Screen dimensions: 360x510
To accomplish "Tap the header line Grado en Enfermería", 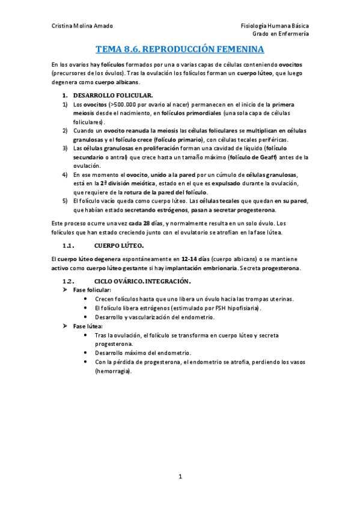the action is coord(285,34).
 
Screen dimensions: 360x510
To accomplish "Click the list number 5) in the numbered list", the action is coord(66,201).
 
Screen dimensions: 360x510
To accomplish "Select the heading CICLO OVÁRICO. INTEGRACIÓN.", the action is coord(142,281).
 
